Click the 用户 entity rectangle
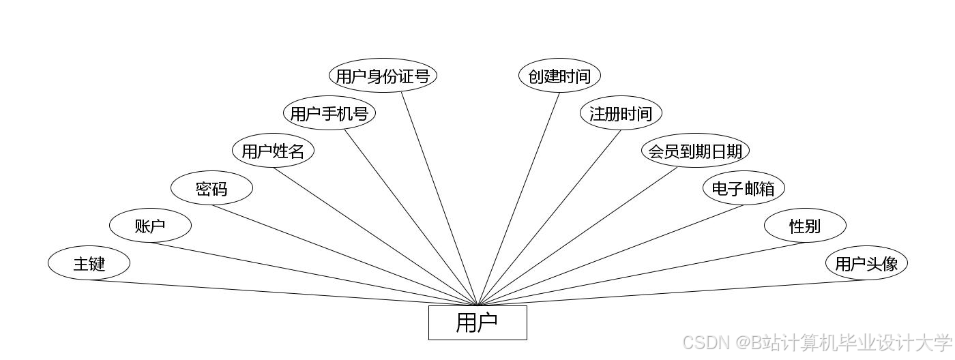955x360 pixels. (x=477, y=322)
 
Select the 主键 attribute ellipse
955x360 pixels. (x=89, y=263)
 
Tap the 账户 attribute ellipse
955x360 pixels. (x=150, y=226)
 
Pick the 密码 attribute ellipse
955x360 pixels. (x=211, y=188)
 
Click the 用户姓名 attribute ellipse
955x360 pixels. (x=273, y=151)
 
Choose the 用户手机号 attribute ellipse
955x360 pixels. (x=329, y=113)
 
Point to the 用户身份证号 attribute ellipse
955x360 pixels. (x=383, y=76)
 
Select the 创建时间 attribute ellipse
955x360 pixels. (x=559, y=76)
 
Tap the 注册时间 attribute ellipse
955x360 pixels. (x=621, y=113)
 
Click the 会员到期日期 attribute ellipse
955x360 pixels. (x=695, y=151)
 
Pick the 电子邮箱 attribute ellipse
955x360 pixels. (x=744, y=188)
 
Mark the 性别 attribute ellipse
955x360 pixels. (x=805, y=226)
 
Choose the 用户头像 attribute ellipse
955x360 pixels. (x=866, y=263)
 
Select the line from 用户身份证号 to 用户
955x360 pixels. (x=439, y=199)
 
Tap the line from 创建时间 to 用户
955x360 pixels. (x=518, y=199)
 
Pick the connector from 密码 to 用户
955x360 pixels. (x=344, y=255)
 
